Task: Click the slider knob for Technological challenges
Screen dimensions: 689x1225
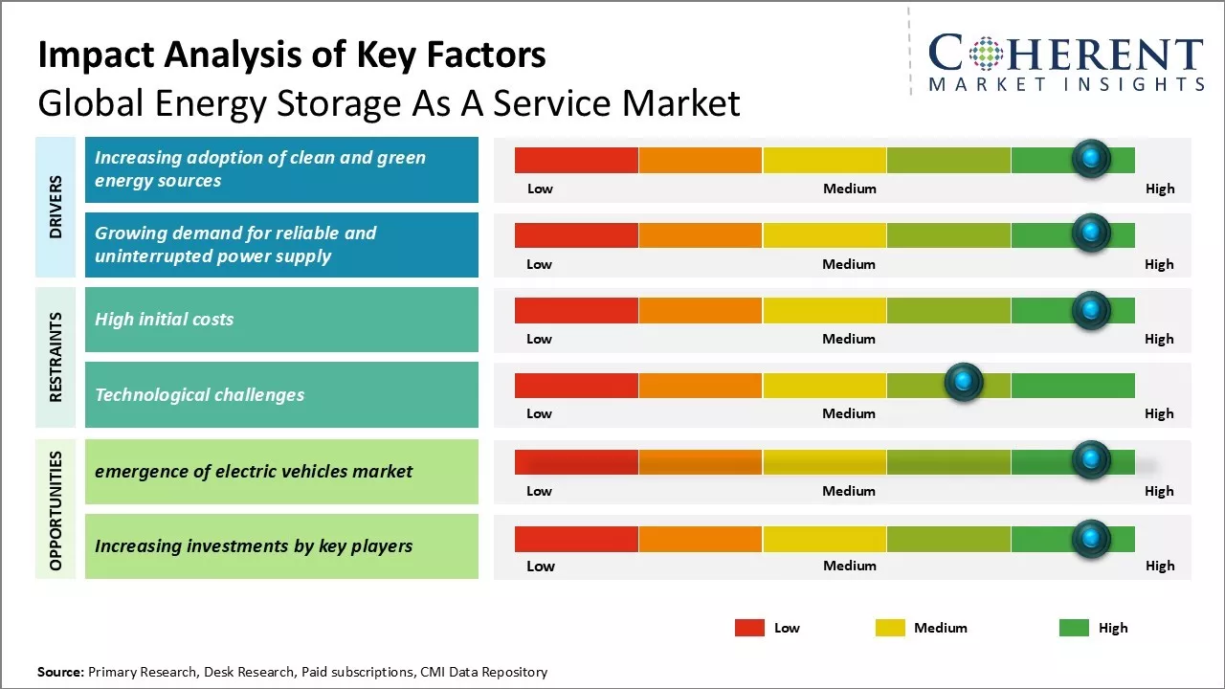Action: (x=964, y=383)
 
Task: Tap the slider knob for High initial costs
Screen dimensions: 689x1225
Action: (x=1091, y=309)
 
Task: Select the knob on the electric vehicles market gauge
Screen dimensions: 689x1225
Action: (x=1091, y=460)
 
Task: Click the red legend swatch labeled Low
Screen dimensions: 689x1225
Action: (x=749, y=628)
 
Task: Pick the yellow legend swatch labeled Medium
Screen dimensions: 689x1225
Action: (x=890, y=628)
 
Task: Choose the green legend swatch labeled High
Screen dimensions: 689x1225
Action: (x=1074, y=628)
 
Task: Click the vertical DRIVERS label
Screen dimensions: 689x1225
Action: (x=56, y=207)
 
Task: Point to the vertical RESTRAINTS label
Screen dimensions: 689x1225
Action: (x=56, y=357)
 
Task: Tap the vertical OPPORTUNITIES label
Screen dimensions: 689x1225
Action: (x=56, y=510)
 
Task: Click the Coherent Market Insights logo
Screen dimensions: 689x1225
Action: (x=1065, y=63)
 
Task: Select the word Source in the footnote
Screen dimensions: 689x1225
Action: (x=60, y=672)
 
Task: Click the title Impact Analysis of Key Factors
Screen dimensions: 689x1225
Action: (x=292, y=56)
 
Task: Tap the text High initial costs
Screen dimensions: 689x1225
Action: (x=164, y=320)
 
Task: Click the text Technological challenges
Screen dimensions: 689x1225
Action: (x=199, y=395)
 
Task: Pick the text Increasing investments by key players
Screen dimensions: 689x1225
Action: (x=254, y=546)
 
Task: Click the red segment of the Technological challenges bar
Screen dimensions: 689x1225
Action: (x=576, y=386)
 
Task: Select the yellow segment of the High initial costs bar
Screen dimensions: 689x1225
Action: (x=824, y=310)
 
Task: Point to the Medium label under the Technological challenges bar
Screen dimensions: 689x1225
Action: (x=849, y=413)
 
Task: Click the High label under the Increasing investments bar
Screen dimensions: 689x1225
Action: (x=1160, y=566)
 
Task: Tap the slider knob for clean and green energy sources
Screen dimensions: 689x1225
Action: (x=1091, y=158)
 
